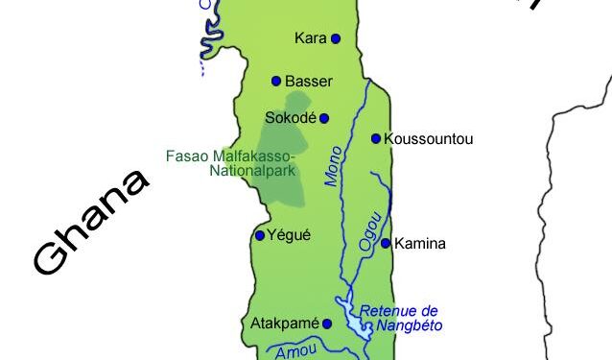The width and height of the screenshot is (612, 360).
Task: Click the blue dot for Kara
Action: pyautogui.click(x=336, y=38)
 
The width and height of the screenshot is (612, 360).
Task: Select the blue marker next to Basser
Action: pyautogui.click(x=276, y=81)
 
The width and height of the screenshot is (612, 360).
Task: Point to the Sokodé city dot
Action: pyautogui.click(x=324, y=118)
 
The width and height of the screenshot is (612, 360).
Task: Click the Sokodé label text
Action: pyautogui.click(x=291, y=118)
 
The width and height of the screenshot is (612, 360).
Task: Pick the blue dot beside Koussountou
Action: pyautogui.click(x=376, y=138)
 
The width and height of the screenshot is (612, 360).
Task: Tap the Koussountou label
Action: pyautogui.click(x=428, y=139)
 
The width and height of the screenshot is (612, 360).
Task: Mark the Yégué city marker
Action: pyautogui.click(x=259, y=235)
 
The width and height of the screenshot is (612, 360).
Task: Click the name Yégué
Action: pyautogui.click(x=290, y=235)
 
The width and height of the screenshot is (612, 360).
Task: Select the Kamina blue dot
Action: pyautogui.click(x=386, y=243)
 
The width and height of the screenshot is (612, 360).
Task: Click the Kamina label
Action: pyautogui.click(x=420, y=244)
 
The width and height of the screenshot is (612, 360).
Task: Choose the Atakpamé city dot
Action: pyautogui.click(x=327, y=324)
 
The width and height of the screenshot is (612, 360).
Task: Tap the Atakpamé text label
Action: pyautogui.click(x=285, y=324)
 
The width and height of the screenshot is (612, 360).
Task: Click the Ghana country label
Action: pyautogui.click(x=91, y=222)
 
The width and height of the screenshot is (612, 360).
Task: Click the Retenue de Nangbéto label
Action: pyautogui.click(x=400, y=319)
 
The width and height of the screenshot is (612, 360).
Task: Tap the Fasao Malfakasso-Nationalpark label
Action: pyautogui.click(x=230, y=163)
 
